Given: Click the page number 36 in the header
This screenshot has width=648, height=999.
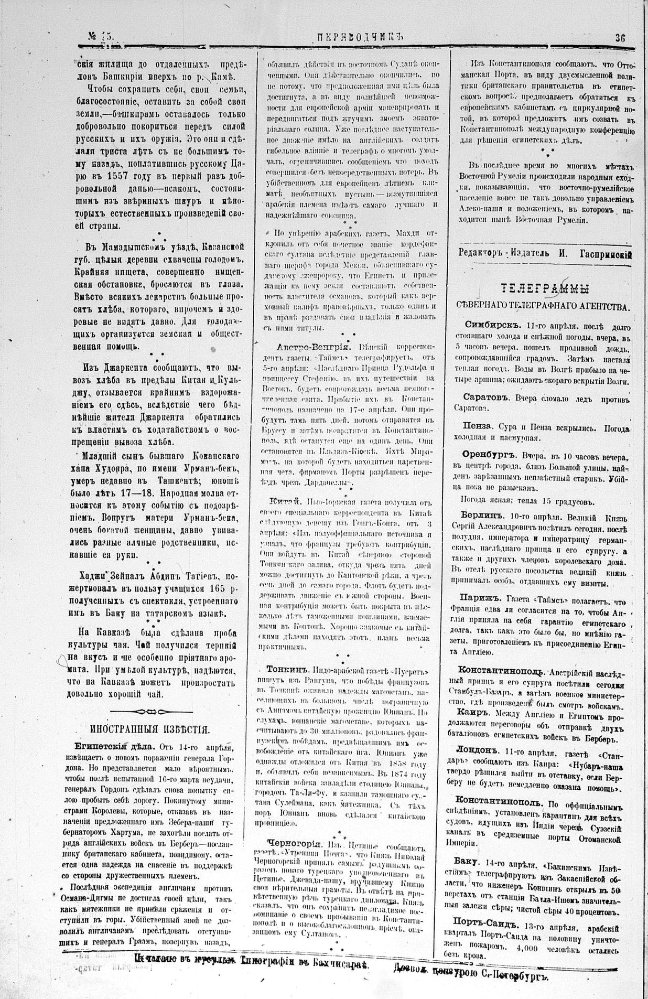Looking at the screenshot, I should pos(621,38).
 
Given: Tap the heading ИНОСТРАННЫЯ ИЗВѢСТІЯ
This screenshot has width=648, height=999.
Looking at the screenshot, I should pos(150,729).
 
